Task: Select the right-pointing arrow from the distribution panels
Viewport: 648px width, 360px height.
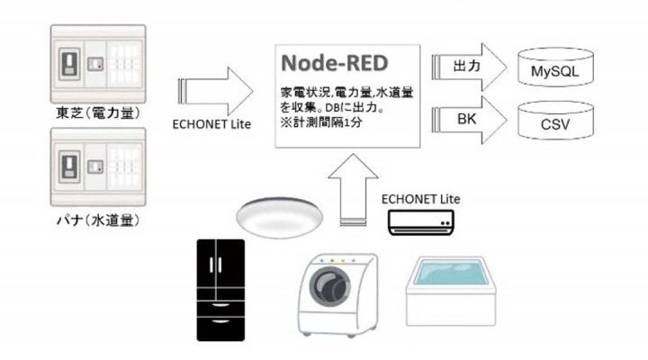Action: (x=216, y=91)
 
